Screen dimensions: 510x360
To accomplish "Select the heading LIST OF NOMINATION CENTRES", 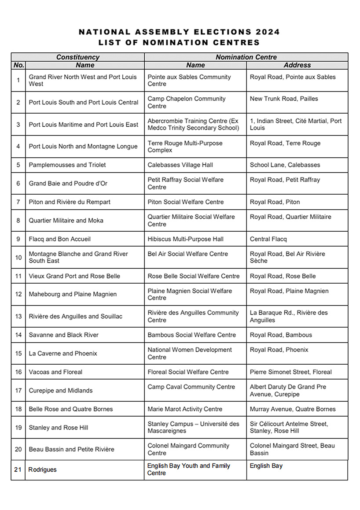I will [179, 43].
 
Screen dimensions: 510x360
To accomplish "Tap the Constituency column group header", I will [78, 57].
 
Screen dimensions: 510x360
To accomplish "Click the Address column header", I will [297, 65].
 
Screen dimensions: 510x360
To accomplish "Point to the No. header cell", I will [18, 65].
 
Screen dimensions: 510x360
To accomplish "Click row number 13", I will [18, 316].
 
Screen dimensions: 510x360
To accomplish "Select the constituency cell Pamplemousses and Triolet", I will [67, 165].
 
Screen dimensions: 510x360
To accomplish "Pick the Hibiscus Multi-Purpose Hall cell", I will [185, 239].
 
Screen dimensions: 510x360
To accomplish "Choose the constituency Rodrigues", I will [43, 469].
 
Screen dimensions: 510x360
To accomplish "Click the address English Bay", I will [266, 466].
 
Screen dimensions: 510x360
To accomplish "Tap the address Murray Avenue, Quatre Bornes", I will [293, 409].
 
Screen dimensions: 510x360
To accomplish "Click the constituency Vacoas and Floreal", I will [55, 372].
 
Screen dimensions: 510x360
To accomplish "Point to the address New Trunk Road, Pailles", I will [284, 99].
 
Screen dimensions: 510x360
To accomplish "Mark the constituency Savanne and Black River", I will [64, 335].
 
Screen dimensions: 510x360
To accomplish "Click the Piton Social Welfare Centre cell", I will [185, 202].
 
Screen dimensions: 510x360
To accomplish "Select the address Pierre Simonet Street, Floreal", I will [291, 372].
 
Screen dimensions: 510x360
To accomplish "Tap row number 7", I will [18, 202].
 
